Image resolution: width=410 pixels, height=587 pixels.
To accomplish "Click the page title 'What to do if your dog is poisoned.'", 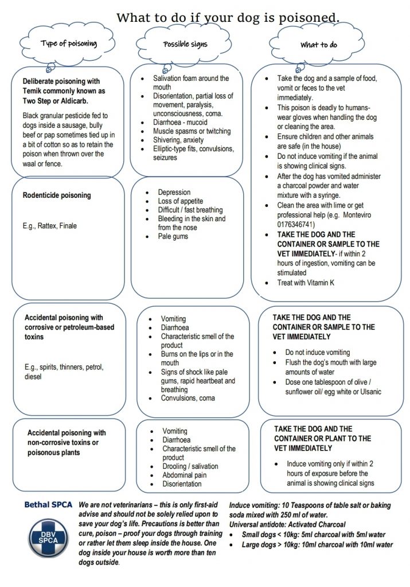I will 228,17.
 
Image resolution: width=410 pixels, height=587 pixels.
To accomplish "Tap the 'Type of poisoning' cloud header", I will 69,44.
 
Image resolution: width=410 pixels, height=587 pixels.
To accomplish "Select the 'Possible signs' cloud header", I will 185,44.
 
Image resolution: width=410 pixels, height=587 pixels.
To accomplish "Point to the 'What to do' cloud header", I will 318,45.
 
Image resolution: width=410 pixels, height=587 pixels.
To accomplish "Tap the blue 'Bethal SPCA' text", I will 48,505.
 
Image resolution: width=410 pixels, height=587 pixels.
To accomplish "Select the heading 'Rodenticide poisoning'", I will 57,195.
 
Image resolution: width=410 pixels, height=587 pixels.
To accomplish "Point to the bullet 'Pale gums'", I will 173,236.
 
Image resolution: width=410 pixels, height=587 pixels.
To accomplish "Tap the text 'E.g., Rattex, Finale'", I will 50,226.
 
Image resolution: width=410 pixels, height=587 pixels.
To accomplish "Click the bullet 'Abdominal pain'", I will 185,475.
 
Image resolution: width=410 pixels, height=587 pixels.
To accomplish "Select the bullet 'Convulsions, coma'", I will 188,398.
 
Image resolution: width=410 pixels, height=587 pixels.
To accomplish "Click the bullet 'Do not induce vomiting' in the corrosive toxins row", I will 317,353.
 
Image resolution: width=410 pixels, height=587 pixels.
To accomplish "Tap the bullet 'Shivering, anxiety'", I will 183,140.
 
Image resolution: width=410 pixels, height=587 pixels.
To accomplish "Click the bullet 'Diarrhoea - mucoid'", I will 180,122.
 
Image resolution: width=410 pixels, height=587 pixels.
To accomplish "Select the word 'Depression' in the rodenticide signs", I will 174,193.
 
